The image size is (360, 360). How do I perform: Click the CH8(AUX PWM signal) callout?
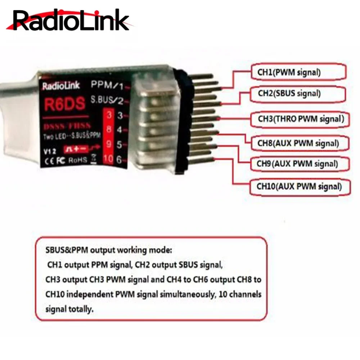[298, 143]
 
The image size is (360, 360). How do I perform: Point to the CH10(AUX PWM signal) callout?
[299, 186]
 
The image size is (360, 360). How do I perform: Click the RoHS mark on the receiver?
[78, 159]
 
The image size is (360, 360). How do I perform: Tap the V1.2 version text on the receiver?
[48, 151]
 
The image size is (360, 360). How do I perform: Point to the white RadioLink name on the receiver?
[61, 86]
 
